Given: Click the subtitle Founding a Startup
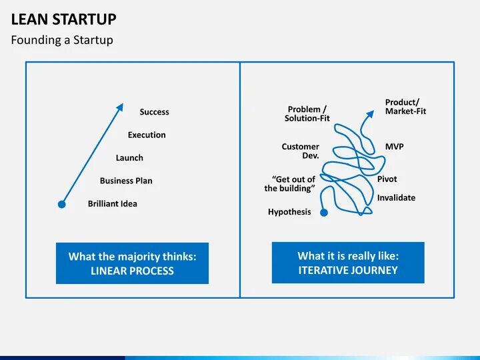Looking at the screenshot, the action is [62, 40].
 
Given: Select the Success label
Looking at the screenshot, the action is [154, 112].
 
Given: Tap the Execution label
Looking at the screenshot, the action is [147, 135].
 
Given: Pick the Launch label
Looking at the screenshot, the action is [129, 158].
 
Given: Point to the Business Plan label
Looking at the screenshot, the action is [126, 181].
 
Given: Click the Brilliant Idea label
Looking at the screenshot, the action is [113, 203].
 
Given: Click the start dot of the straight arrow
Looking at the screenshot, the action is [61, 204].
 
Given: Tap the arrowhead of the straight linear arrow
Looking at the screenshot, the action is [120, 105].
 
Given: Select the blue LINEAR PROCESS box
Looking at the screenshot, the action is [132, 263].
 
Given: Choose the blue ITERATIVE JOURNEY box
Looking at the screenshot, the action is [348, 263].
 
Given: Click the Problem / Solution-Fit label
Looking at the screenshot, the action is [307, 113].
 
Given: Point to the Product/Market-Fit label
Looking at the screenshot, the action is [405, 107].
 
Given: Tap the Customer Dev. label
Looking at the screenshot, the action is [301, 151].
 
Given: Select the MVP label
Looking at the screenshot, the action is [394, 147].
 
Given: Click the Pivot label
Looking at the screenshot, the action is [387, 179].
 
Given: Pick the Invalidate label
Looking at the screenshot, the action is [396, 197].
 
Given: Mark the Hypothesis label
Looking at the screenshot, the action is [289, 212].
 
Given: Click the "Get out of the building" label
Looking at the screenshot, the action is [289, 184].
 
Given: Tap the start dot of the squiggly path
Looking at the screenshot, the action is [324, 213].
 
